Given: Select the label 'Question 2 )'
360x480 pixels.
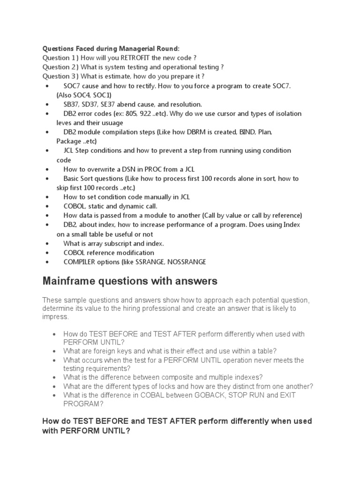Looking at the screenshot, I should (x=60, y=67).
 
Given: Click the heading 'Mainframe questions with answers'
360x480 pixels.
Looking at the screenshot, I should (x=130, y=281).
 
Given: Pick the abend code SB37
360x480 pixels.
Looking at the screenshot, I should (x=72, y=104).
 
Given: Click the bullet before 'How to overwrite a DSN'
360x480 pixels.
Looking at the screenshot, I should (x=48, y=169).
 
